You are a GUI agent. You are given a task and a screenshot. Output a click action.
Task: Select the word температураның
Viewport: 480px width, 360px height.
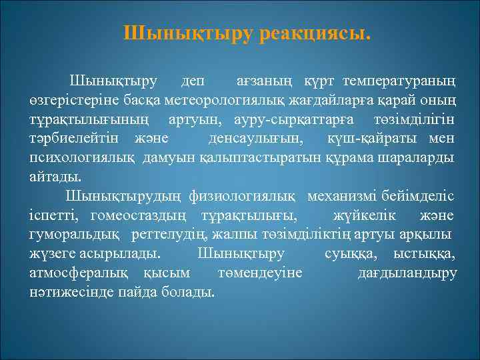pos(399,82)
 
